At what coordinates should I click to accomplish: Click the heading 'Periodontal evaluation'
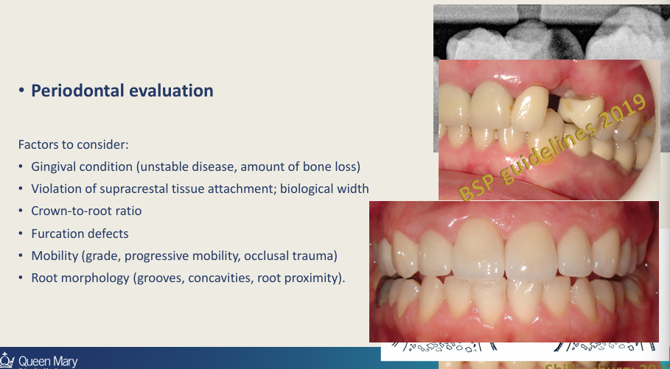(x=122, y=91)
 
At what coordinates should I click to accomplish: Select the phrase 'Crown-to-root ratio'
(x=86, y=211)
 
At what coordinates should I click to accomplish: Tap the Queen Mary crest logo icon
(x=7, y=361)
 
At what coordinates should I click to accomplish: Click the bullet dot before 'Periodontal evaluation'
(x=23, y=91)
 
